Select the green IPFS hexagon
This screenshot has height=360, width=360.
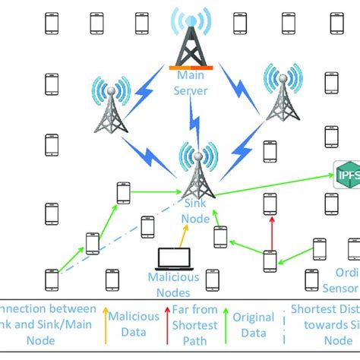click(x=346, y=176)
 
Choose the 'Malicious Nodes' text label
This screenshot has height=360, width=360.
click(x=173, y=284)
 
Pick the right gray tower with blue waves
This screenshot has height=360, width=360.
click(x=282, y=96)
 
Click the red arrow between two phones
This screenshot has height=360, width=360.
click(x=270, y=232)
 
